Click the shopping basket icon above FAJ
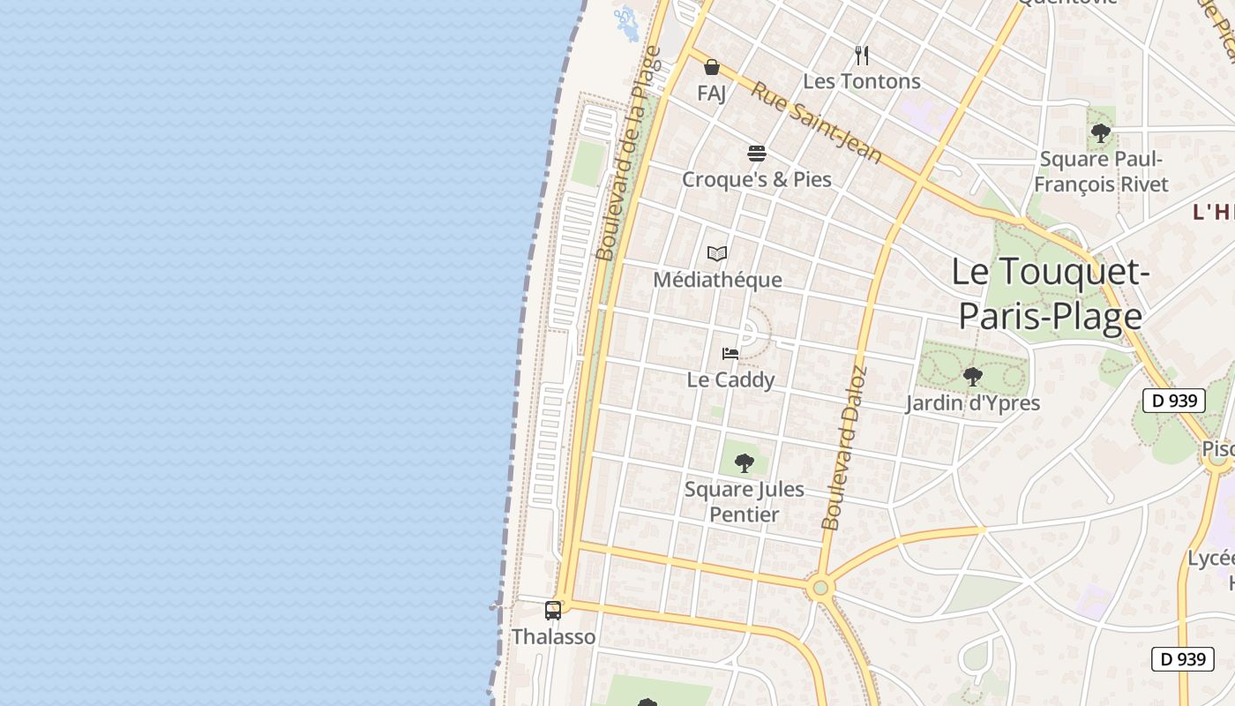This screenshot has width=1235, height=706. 712,67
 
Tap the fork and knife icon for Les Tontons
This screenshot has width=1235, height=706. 862,56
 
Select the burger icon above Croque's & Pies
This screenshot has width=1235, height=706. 756,154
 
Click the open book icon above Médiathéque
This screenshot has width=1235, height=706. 717,254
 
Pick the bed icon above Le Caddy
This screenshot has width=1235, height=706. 730,354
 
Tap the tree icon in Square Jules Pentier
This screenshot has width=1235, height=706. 745,462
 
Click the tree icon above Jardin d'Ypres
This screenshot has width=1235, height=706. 973,377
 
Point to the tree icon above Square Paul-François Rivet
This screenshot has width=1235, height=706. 1100,133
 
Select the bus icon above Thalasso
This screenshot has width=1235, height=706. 553,610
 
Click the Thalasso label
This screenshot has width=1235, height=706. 554,636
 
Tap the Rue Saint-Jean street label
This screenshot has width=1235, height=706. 816,123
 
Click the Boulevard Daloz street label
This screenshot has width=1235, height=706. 844,448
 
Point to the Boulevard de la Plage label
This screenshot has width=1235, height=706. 627,154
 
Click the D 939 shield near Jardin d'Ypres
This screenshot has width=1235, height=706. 1174,401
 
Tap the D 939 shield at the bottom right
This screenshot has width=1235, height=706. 1183,659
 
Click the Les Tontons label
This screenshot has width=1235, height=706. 862,81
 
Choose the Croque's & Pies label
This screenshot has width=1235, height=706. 757,179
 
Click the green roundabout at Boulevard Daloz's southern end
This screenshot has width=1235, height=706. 821,587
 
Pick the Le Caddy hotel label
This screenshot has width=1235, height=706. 730,379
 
